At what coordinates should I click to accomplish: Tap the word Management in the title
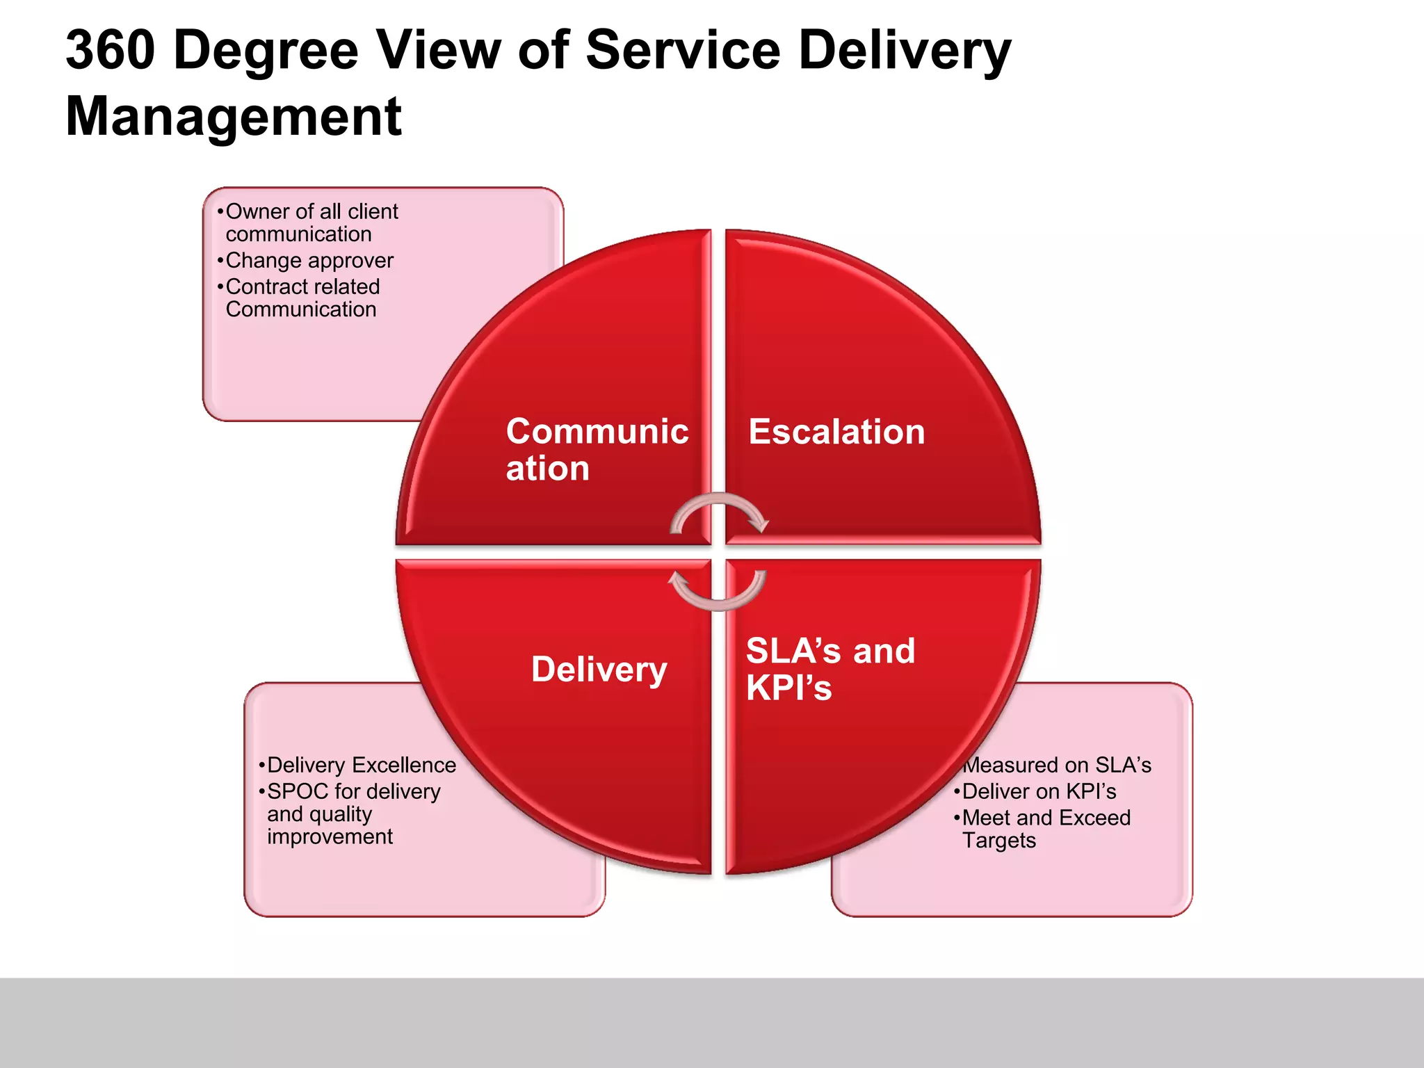coord(234,116)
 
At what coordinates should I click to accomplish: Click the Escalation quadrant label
coord(836,432)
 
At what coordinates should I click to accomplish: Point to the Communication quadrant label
coord(597,449)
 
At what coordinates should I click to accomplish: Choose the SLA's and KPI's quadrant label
coord(830,669)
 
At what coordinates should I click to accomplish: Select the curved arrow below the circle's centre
coord(718,592)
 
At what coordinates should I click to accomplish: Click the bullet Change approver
coord(309,261)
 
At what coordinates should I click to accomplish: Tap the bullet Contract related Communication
coord(302,298)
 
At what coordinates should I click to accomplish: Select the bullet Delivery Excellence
coord(361,765)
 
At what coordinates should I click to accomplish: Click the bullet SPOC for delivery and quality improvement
coord(353,814)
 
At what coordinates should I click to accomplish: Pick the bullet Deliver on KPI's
coord(1039,791)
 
